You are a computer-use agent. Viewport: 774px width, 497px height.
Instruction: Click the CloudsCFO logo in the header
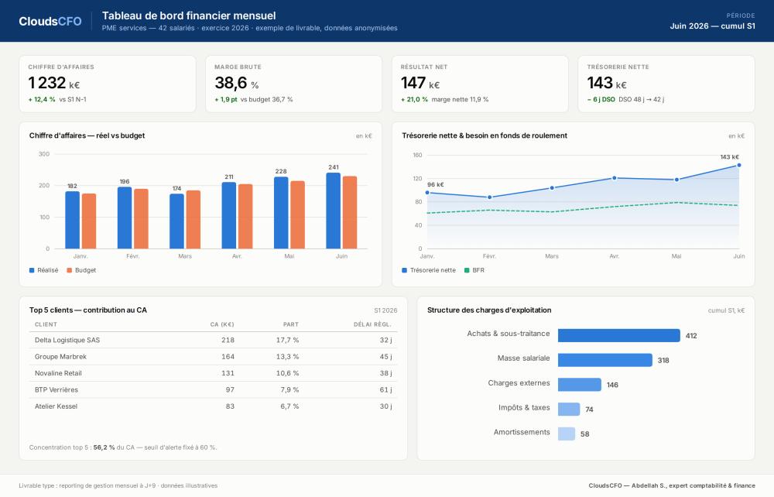click(50, 21)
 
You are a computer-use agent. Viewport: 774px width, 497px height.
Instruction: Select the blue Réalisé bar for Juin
click(333, 211)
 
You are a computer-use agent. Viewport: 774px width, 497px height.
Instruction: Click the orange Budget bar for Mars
click(193, 220)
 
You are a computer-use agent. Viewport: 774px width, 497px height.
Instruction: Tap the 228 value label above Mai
click(281, 171)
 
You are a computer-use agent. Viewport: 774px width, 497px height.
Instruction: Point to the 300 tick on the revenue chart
click(44, 154)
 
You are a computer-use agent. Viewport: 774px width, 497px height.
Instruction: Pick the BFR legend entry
click(474, 270)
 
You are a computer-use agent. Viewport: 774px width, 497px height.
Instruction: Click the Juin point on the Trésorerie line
click(739, 166)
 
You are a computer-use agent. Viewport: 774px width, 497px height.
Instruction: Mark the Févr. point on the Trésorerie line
click(490, 197)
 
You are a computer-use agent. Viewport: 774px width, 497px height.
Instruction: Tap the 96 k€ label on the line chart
click(435, 184)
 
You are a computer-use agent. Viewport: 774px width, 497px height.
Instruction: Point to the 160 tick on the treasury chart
click(418, 155)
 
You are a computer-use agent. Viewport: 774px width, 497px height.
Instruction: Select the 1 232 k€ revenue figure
click(54, 83)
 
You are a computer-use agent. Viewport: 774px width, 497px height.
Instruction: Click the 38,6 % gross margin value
click(236, 83)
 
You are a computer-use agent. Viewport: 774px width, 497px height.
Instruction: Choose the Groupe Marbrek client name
click(60, 357)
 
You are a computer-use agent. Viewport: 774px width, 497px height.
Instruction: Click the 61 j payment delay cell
click(385, 390)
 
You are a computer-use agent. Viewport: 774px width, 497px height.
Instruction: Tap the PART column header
click(291, 324)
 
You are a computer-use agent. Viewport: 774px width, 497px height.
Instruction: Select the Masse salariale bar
click(605, 360)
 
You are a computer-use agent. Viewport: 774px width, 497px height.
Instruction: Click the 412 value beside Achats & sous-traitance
click(691, 336)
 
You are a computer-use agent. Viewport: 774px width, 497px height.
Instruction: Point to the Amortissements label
click(522, 432)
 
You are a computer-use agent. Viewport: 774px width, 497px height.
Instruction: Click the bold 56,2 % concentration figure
click(104, 447)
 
